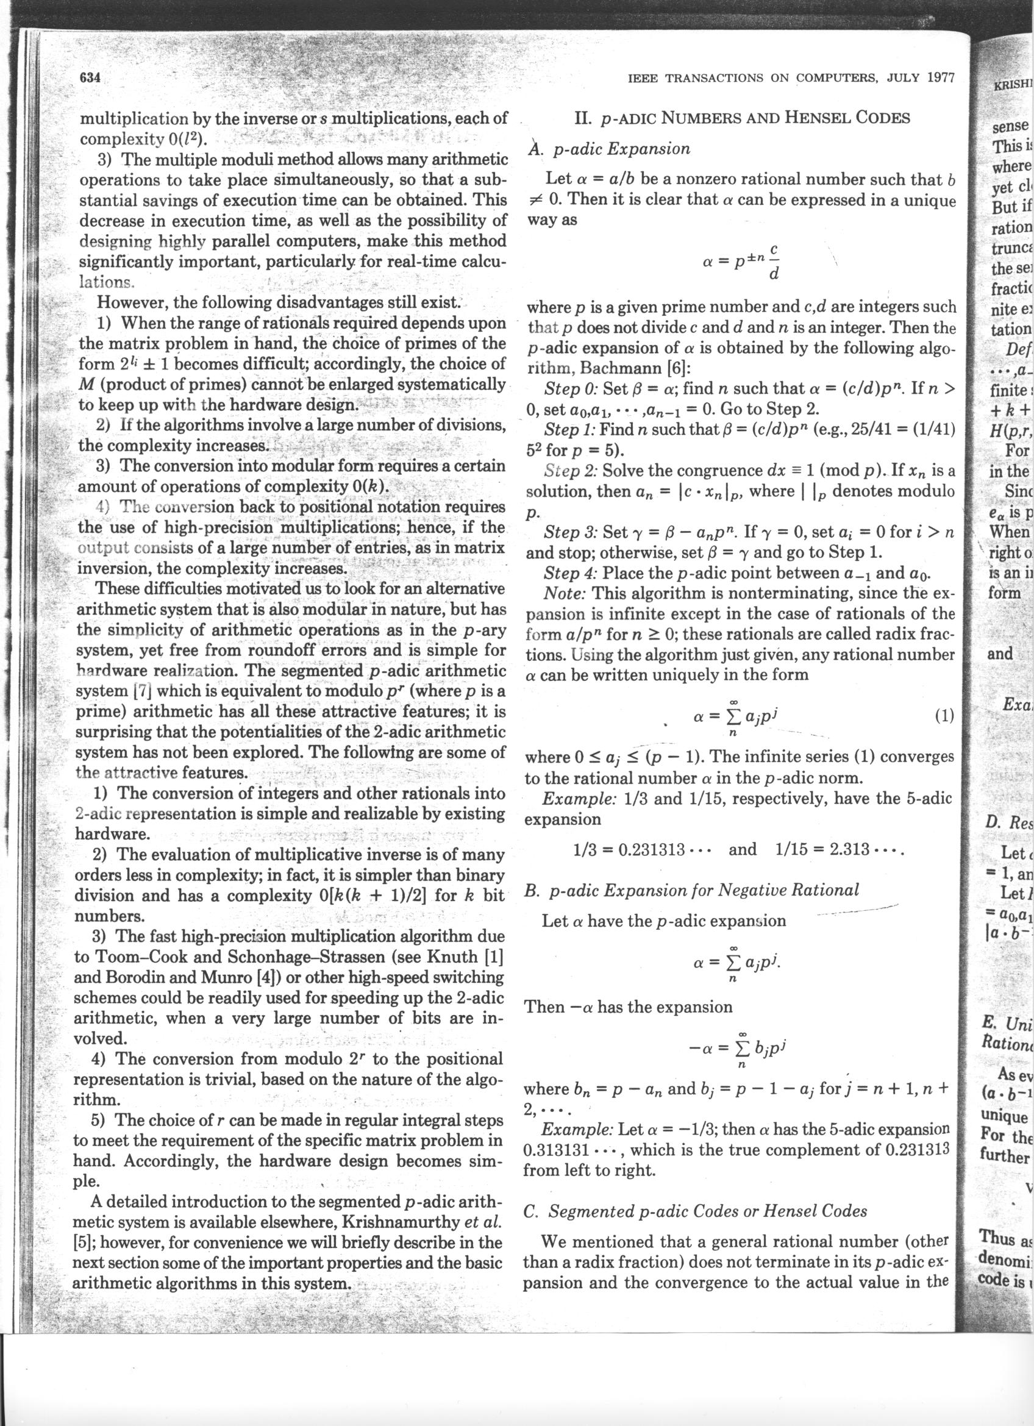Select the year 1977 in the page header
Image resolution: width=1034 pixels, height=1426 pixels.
941,78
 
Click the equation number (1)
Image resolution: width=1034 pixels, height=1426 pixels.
944,715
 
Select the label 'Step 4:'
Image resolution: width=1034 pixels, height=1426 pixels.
570,574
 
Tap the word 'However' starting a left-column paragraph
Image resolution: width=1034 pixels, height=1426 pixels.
132,302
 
